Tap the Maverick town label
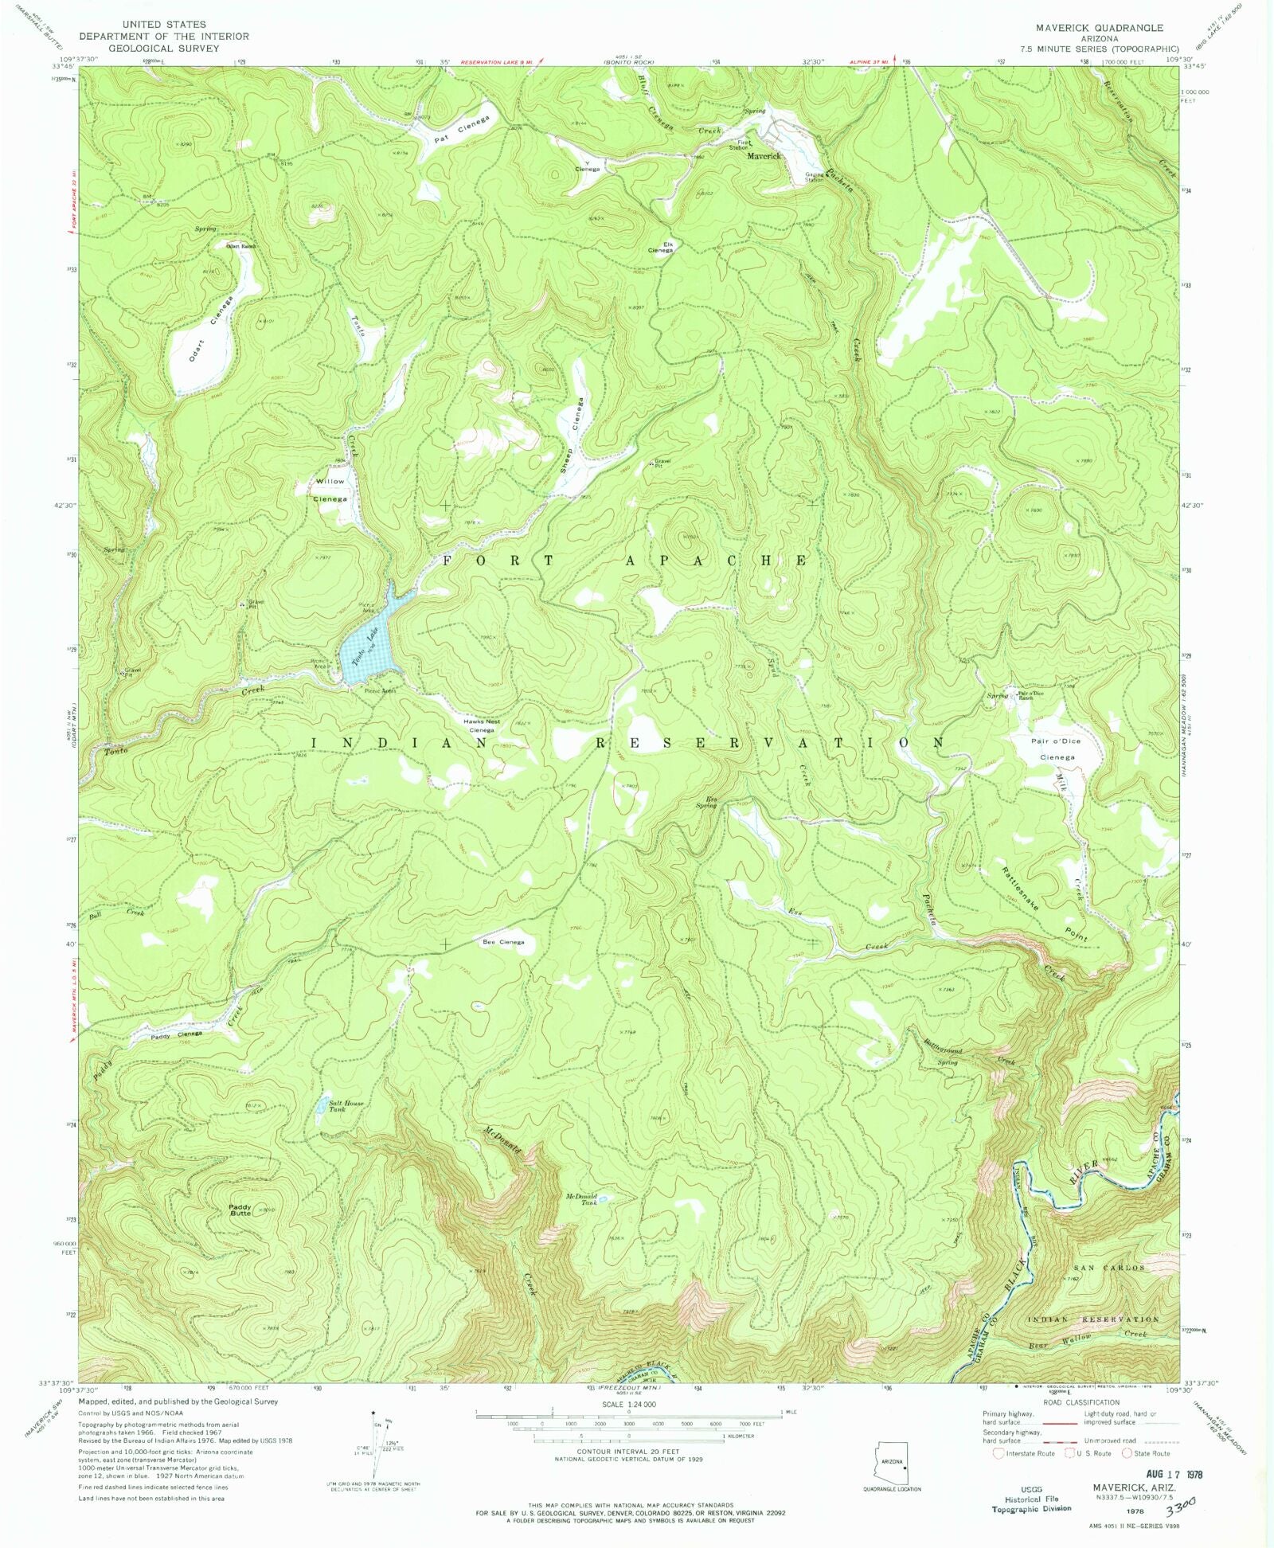tap(763, 156)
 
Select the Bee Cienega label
tap(503, 942)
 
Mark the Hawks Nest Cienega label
tap(481, 726)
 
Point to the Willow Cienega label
tap(329, 490)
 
